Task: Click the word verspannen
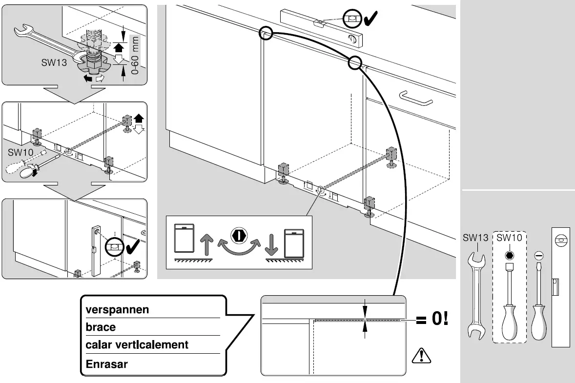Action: click(117, 310)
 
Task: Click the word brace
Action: click(101, 327)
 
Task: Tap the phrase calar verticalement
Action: click(137, 345)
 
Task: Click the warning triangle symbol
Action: click(421, 356)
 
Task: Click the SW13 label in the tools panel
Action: click(475, 238)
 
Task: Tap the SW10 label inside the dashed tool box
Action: click(509, 238)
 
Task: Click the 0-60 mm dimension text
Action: click(135, 55)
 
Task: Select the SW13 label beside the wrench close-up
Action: click(54, 62)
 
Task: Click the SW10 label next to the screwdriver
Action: click(21, 152)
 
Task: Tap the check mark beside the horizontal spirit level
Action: click(370, 18)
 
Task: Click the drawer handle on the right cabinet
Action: click(416, 98)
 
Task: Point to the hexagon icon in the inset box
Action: click(239, 235)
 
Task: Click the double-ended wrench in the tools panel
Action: click(476, 296)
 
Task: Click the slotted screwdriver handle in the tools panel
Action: click(538, 322)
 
